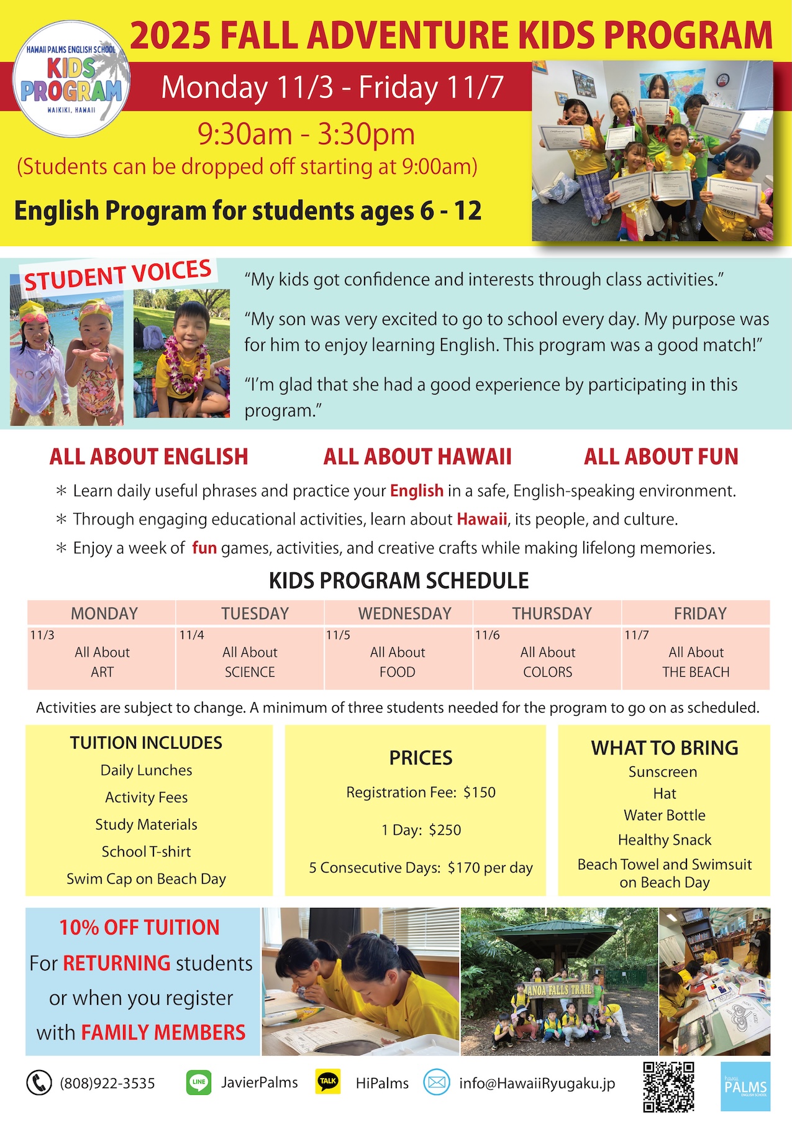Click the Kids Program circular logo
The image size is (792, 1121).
coord(72,79)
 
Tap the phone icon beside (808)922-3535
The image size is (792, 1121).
coord(39,1083)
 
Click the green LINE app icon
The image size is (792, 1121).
coord(199,1082)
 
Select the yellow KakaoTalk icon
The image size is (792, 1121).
coord(328,1082)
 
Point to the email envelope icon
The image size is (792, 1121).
coord(437,1082)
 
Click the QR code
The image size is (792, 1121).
coord(668,1086)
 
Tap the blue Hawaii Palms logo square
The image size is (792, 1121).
coord(745,1086)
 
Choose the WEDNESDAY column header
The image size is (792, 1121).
coord(404,613)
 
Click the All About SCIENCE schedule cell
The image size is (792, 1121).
coord(250,662)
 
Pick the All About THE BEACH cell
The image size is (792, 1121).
coord(696,662)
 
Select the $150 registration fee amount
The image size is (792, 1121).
coord(480,792)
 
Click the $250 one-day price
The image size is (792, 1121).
coord(445,830)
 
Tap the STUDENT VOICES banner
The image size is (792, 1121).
coord(118,275)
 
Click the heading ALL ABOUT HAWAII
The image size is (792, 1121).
coord(417,457)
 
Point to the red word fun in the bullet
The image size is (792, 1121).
coord(204,548)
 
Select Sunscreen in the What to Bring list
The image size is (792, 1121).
coord(663,772)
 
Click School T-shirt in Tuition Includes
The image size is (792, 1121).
coord(146,851)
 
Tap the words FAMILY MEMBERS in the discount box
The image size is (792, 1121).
coord(163,1032)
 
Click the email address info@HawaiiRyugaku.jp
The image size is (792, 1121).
coord(537,1083)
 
